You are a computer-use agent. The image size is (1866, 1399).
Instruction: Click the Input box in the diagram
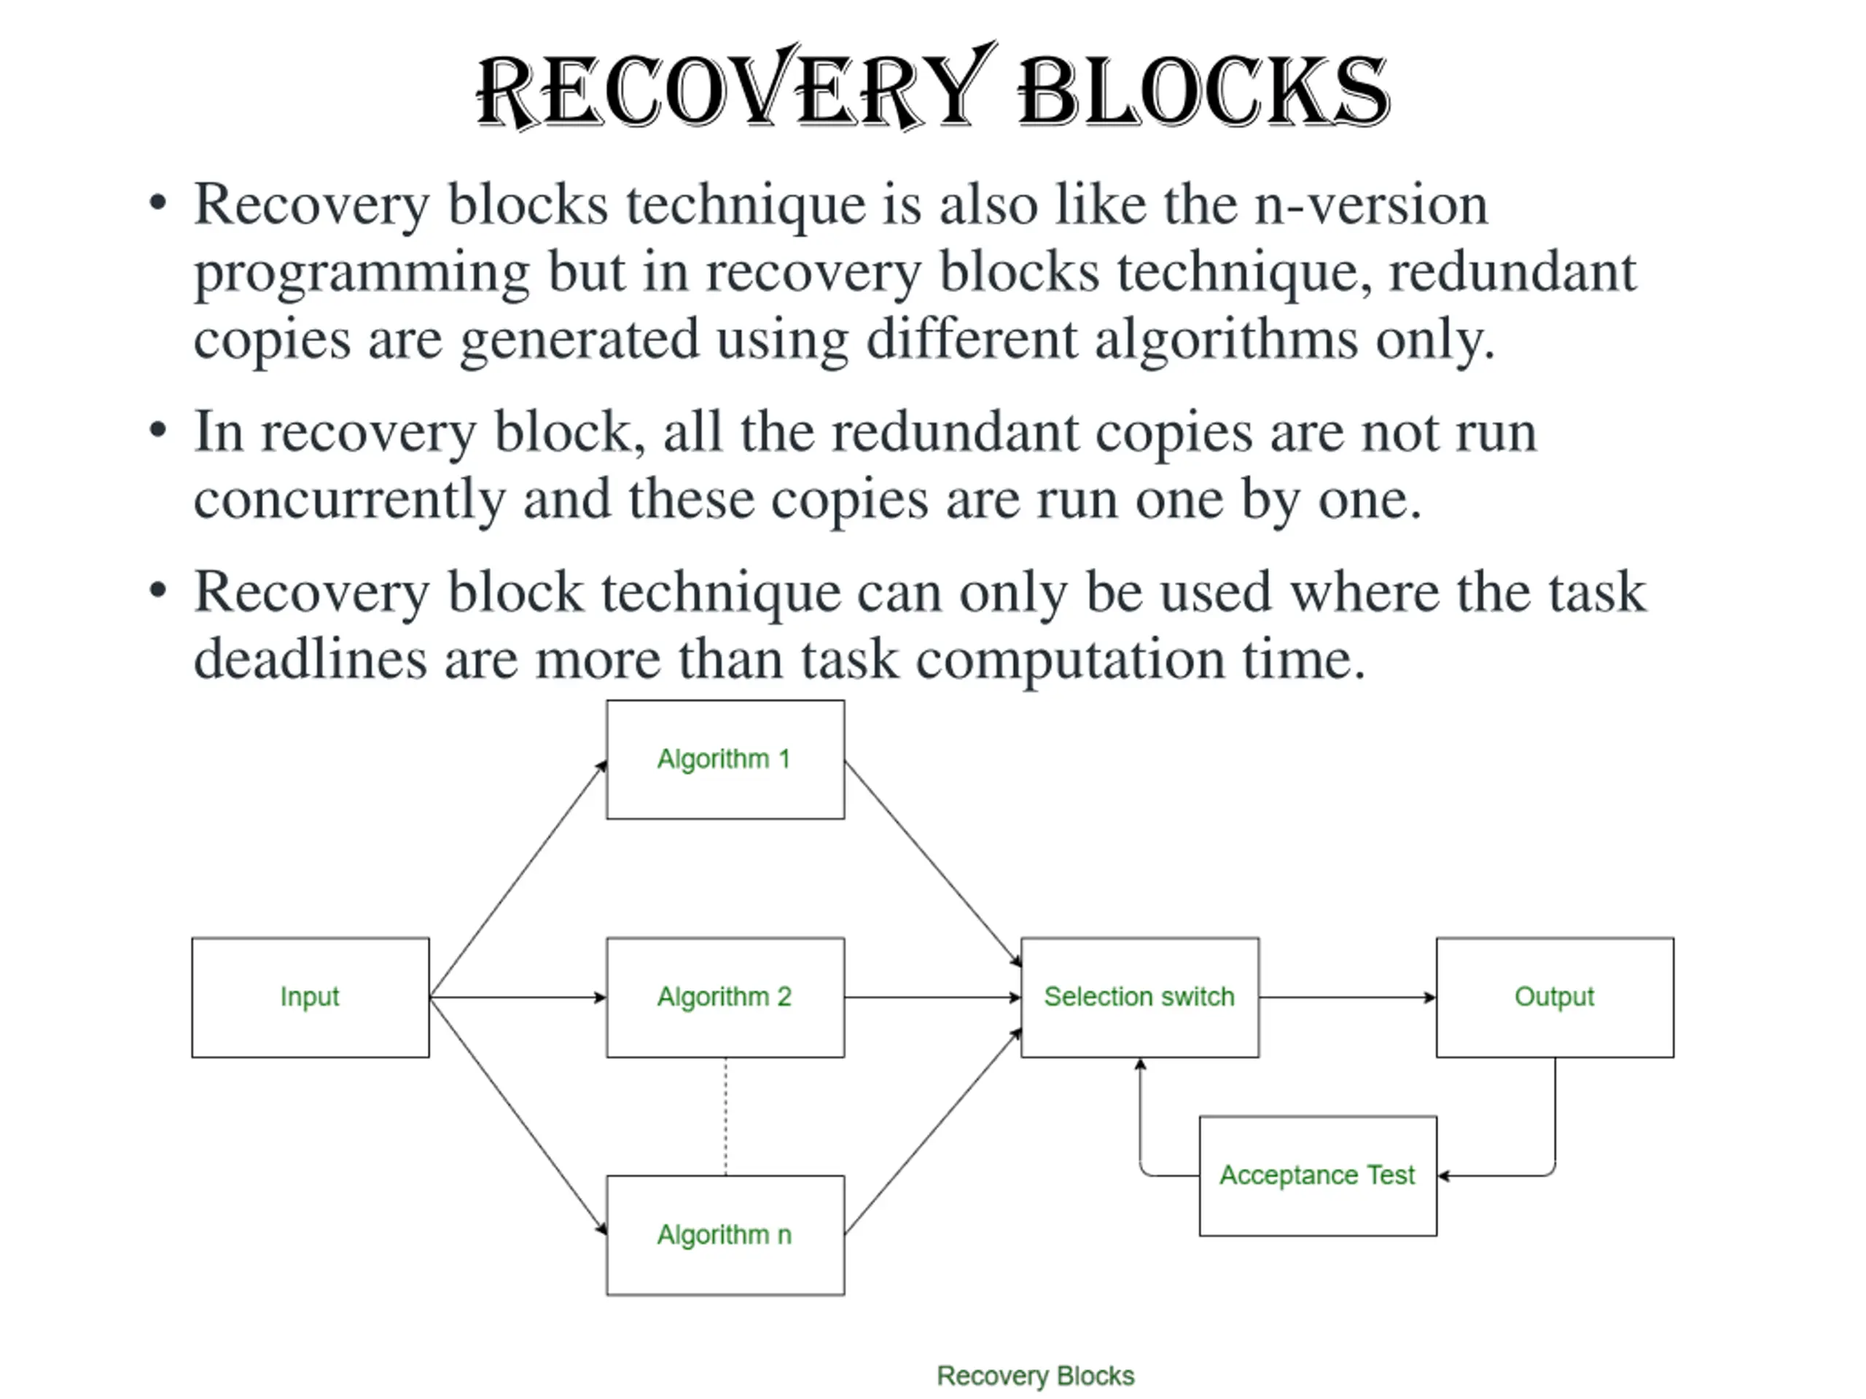coord(311,997)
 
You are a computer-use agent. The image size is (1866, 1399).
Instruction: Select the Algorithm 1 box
coord(725,759)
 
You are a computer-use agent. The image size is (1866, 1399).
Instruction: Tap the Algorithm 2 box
coord(725,997)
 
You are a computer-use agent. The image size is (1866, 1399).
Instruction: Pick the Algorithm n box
coord(725,1234)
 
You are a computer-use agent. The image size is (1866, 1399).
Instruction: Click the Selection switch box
coord(1140,997)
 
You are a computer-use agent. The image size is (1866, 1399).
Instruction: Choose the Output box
coord(1555,997)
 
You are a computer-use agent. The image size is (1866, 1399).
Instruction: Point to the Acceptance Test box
coord(1318,1175)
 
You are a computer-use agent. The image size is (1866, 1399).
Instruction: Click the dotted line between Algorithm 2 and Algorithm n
coord(725,1116)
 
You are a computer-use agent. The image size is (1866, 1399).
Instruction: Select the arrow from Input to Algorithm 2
coord(518,998)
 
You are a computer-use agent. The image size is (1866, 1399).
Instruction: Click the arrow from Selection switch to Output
coord(1347,998)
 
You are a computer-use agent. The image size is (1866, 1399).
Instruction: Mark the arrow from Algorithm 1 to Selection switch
coord(933,863)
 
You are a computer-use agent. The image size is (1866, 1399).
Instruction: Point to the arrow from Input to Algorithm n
coord(518,1116)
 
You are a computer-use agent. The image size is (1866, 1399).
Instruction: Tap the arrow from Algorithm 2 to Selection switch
coord(933,998)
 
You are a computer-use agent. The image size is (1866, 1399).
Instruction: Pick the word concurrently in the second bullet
coord(349,500)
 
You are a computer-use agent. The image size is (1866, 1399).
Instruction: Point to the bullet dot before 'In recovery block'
coord(157,431)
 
